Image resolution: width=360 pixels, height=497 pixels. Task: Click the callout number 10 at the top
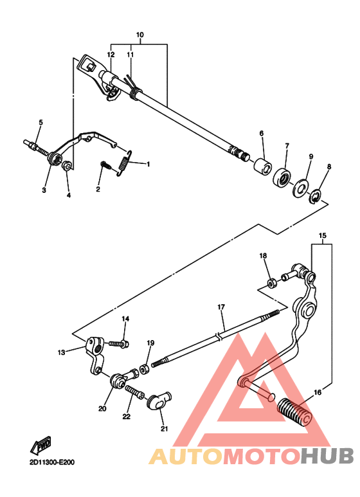140,34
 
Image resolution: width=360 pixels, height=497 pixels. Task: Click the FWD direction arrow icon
42,444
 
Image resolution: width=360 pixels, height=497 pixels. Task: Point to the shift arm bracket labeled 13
95,354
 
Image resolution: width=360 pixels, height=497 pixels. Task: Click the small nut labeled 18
272,282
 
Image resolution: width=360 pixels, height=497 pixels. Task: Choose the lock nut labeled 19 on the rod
145,369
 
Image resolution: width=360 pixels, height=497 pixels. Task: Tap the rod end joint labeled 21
159,402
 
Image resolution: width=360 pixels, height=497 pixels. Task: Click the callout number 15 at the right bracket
322,236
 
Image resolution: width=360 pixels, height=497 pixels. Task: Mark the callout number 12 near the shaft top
111,55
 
